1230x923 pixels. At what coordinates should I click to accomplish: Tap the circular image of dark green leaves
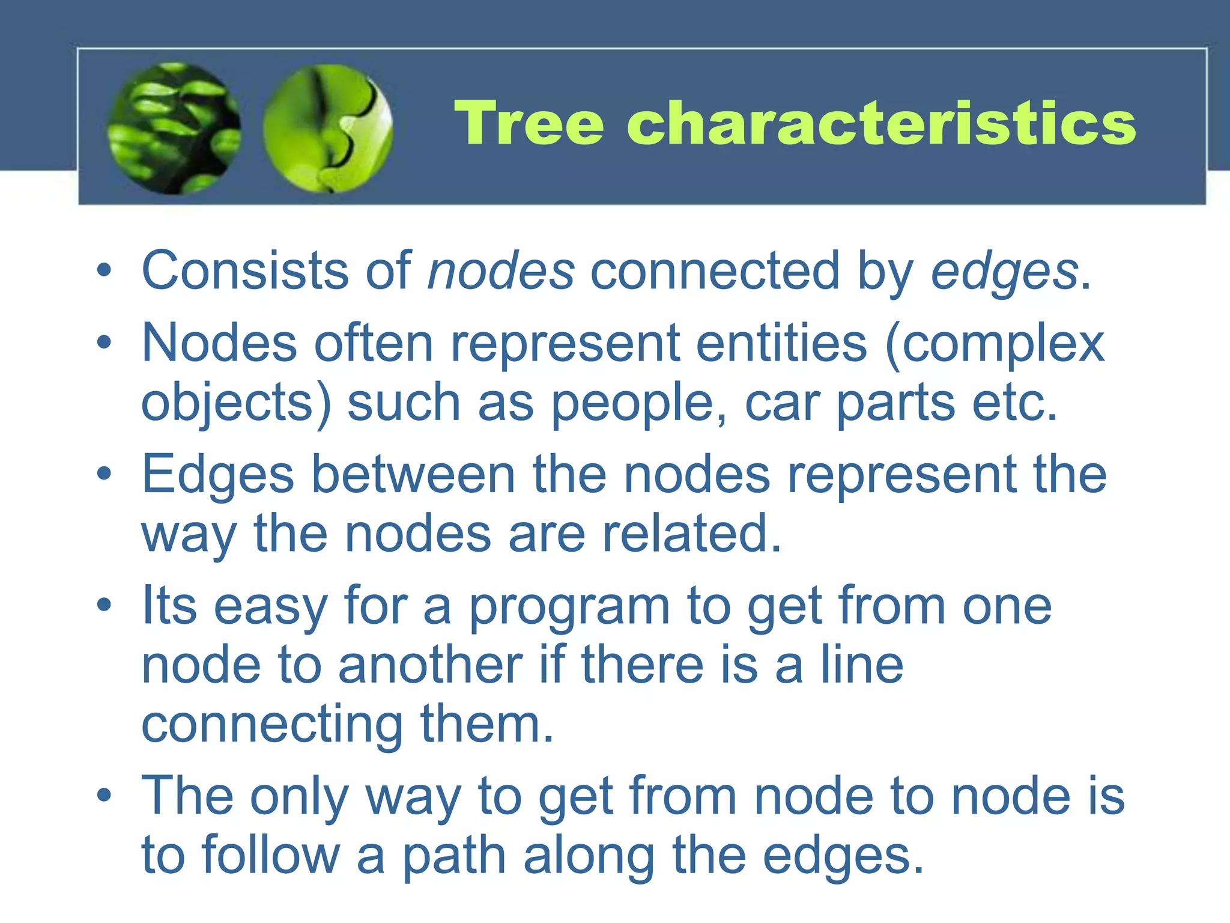click(x=174, y=129)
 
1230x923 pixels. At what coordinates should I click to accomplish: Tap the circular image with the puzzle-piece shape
click(x=328, y=129)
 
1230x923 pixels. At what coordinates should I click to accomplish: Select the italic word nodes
click(x=500, y=271)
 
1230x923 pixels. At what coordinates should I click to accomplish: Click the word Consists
click(x=245, y=271)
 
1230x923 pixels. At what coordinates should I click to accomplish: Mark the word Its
click(x=169, y=606)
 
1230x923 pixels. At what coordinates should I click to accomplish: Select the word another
click(x=430, y=665)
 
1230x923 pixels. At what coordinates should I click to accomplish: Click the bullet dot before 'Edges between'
click(x=105, y=474)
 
